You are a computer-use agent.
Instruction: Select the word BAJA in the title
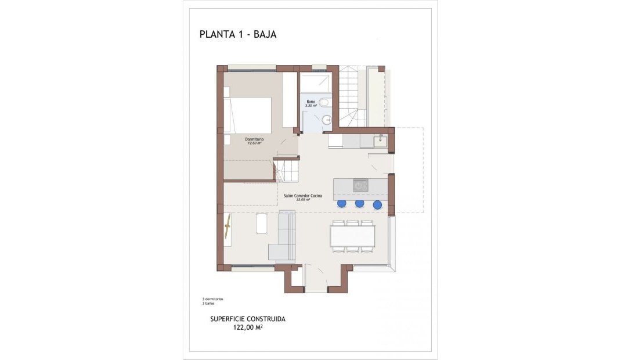click(265, 34)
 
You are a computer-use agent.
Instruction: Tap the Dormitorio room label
click(255, 139)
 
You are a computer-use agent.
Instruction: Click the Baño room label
click(311, 102)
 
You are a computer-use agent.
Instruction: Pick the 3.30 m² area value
click(311, 106)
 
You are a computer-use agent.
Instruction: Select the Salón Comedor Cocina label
click(302, 196)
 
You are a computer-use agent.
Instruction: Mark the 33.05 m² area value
click(302, 200)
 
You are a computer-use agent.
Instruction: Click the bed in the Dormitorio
click(248, 114)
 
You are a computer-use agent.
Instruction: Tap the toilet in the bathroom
click(324, 103)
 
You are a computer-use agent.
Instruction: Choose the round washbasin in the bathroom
click(327, 120)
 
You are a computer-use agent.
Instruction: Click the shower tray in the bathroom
click(316, 82)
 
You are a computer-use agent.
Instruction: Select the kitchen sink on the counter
click(381, 141)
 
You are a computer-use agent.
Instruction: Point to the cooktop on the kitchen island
click(360, 185)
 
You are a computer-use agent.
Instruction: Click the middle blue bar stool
click(359, 204)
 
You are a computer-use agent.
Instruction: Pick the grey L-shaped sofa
click(283, 238)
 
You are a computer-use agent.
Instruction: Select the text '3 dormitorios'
click(212, 299)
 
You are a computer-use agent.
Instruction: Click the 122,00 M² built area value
click(248, 327)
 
